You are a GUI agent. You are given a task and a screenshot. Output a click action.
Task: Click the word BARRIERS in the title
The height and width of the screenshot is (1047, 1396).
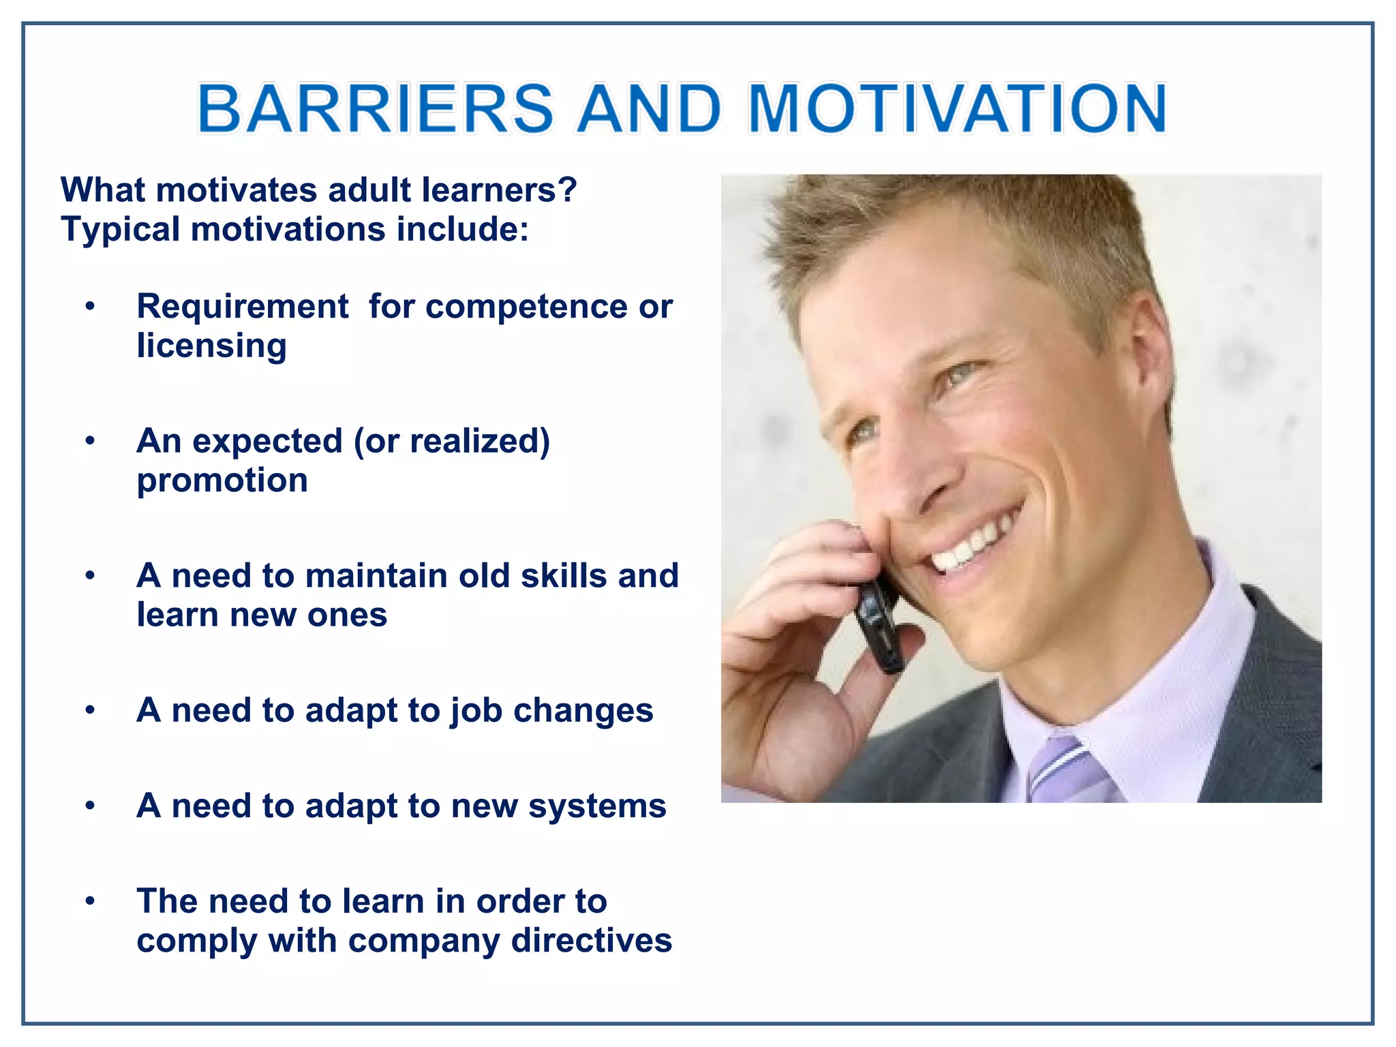(375, 109)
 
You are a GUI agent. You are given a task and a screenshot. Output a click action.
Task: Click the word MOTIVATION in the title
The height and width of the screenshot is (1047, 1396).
(958, 109)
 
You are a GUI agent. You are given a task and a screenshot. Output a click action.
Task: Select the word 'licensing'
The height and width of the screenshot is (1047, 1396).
(211, 346)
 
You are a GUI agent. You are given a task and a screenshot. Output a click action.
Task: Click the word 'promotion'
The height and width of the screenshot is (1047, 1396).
(222, 481)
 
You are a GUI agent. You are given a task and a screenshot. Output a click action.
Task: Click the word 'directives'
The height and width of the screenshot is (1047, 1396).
(591, 941)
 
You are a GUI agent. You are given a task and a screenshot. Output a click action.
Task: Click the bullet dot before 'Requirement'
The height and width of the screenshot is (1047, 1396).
(90, 307)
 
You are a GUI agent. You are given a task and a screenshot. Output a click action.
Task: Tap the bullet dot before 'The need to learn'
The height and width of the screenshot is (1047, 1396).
(90, 902)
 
